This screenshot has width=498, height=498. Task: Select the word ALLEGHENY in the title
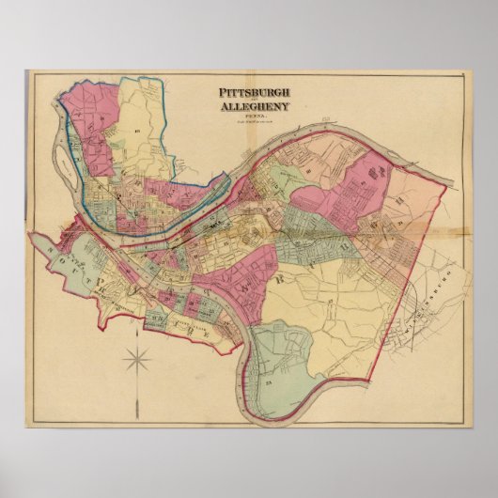click(x=254, y=106)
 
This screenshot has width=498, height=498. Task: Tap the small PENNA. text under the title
click(x=254, y=116)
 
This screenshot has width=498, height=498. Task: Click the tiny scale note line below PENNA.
click(x=254, y=121)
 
